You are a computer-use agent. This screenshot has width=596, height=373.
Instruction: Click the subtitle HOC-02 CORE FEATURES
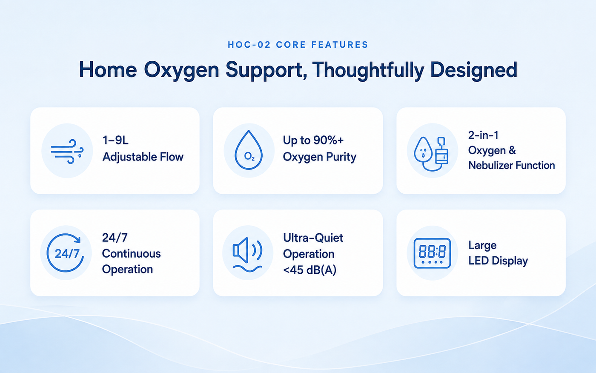[298, 45]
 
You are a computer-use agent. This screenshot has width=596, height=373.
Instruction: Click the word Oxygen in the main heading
[181, 70]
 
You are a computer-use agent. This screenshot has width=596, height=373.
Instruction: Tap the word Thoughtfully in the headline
[368, 70]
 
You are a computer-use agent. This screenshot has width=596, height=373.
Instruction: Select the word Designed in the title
[474, 70]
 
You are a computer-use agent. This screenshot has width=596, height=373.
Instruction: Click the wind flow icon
[67, 151]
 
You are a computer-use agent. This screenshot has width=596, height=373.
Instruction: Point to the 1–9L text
[115, 140]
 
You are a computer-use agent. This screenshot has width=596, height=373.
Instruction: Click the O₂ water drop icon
[249, 150]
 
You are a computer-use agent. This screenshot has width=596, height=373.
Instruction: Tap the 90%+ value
[328, 140]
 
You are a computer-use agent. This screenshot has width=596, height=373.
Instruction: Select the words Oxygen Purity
[319, 157]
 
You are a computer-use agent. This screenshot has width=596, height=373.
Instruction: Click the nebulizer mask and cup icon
[431, 154]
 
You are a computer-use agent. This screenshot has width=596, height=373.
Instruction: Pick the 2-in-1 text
[483, 135]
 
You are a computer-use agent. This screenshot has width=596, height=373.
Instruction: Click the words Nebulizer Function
[511, 165]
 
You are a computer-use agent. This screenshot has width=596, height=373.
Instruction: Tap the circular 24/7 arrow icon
[66, 253]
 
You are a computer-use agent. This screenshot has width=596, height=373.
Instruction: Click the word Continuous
[131, 253]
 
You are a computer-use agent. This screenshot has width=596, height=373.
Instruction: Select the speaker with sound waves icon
[248, 254]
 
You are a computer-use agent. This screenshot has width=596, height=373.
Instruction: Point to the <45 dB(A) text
[310, 270]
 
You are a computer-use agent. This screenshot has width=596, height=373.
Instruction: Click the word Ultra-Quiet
[313, 238]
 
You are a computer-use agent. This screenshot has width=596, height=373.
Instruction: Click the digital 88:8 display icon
[432, 253]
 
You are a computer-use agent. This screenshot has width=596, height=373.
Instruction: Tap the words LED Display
[498, 261]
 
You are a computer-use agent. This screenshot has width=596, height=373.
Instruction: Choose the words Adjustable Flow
[143, 157]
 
